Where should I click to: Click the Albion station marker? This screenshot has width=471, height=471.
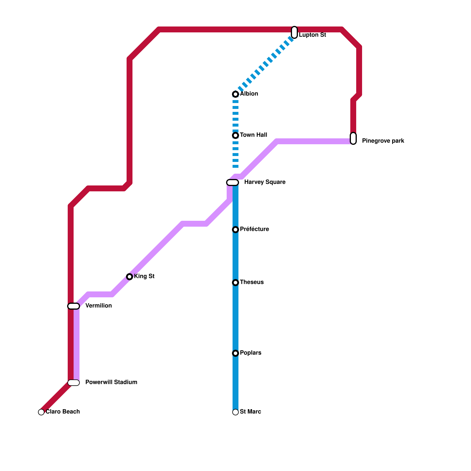[235, 94]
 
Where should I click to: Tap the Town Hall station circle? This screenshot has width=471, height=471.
[235, 135]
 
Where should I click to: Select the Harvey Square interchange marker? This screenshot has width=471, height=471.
[233, 183]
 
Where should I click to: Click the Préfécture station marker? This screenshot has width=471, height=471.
[235, 230]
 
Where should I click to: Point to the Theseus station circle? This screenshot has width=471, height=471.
[235, 283]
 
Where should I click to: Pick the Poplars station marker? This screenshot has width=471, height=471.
[235, 353]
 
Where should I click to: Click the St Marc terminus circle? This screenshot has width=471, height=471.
[235, 412]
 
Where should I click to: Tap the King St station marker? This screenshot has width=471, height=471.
[130, 277]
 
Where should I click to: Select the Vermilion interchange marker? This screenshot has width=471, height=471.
[74, 306]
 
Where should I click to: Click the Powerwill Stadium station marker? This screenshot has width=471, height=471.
[74, 383]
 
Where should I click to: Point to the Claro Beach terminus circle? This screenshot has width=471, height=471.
[41, 412]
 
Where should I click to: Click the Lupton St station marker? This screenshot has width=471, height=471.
[294, 32]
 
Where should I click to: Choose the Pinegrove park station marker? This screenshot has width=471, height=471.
[353, 138]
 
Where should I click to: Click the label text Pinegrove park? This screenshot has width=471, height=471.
[383, 141]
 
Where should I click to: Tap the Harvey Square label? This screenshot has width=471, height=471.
[265, 182]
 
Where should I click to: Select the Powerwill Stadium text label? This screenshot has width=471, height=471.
[111, 382]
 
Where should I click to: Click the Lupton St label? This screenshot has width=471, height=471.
[312, 35]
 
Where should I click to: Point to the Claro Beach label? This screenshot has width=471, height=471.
[63, 412]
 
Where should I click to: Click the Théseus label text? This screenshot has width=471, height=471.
[252, 282]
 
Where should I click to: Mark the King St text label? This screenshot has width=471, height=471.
[144, 276]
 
